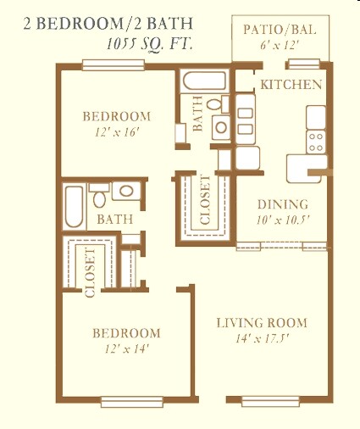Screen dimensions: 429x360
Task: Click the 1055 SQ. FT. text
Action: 149,42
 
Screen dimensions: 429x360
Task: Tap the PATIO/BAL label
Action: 280,31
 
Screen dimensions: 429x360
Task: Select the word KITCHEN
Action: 291,84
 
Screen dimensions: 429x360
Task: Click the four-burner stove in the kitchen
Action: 316,137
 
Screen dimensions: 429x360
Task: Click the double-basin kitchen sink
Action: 246,119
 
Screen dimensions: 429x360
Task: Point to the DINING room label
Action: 282,204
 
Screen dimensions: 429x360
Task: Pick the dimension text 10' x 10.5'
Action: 282,220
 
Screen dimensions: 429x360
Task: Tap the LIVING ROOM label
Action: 261,323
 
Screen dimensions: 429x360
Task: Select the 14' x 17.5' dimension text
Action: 261,339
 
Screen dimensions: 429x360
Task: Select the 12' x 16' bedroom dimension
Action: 116,132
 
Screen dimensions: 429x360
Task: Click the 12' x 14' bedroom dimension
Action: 126,348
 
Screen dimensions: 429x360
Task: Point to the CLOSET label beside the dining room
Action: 205,204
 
